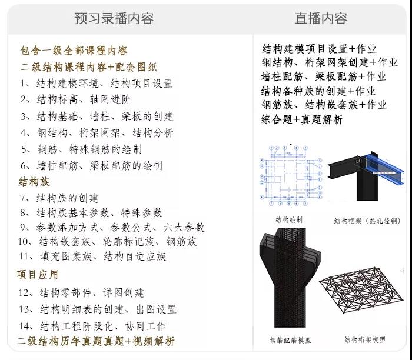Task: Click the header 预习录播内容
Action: [114, 18]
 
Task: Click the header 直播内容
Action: [321, 18]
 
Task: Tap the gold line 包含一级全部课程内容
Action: [74, 51]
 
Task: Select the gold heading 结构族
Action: [34, 182]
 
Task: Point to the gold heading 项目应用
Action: [37, 275]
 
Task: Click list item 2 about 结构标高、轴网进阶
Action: [75, 99]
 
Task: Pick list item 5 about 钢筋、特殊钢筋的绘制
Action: [81, 149]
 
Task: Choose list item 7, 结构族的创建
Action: [59, 198]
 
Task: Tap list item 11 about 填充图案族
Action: [92, 256]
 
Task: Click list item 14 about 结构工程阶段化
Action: [92, 326]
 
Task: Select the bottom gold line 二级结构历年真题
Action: [96, 341]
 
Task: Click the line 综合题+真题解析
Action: [302, 119]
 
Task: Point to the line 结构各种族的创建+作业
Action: [318, 91]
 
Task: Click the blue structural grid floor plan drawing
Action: [290, 175]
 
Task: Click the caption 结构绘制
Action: [289, 219]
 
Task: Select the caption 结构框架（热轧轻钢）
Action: [367, 221]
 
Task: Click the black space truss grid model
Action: [361, 289]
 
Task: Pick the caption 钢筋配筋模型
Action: [290, 341]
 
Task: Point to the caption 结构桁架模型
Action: [365, 340]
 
